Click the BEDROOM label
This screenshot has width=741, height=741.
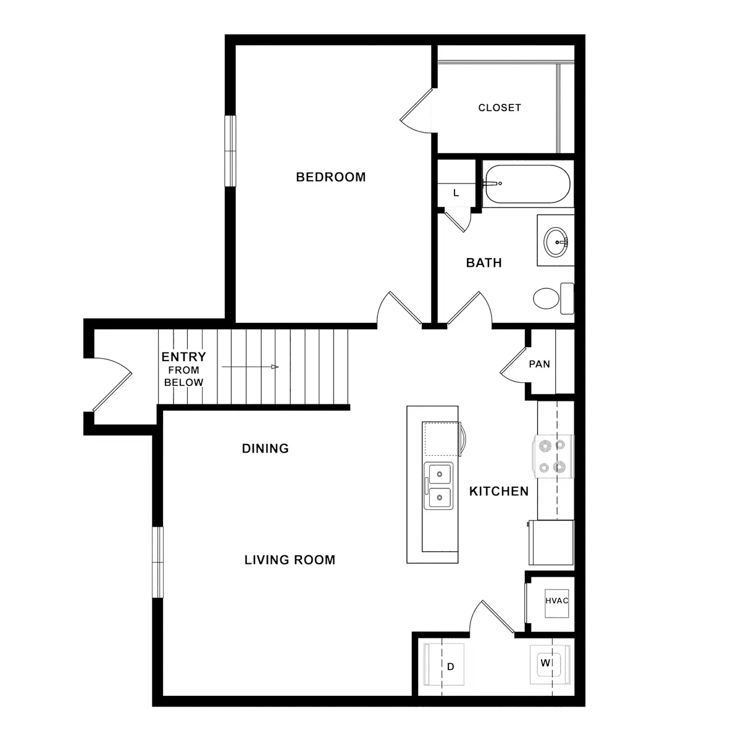point(330,177)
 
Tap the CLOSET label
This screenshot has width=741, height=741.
point(500,108)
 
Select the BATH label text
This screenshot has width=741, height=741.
point(484,263)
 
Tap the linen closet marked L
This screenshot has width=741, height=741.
point(456,192)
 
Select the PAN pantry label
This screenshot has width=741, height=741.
point(539,364)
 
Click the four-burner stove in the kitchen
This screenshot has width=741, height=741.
point(553,456)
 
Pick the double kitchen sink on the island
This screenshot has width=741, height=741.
point(438,485)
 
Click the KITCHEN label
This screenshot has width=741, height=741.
point(498,492)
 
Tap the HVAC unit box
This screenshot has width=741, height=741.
point(556,601)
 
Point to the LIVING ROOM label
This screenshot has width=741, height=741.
point(290,560)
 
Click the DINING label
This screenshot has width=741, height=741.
point(265,449)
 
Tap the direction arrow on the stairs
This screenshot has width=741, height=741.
point(250,367)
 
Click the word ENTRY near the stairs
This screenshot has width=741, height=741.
point(183,357)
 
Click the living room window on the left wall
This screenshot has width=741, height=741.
point(159,562)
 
